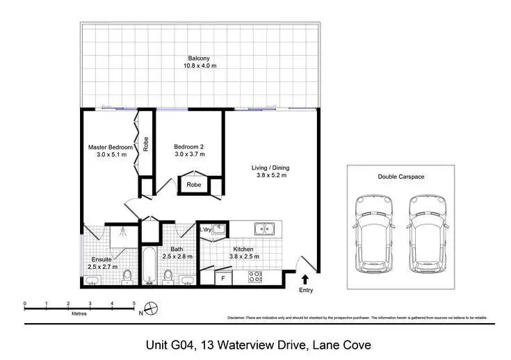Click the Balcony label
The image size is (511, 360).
tap(199, 58)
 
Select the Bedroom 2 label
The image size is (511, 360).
tap(188, 147)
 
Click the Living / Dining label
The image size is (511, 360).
tap(270, 167)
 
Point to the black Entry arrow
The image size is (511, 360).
tap(305, 279)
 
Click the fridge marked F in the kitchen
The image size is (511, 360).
tap(223, 278)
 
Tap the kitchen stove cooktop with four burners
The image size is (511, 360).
tap(254, 277)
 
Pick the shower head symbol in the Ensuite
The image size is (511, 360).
tap(123, 231)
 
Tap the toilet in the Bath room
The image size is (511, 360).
tap(168, 278)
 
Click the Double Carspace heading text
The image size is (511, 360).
tap(400, 177)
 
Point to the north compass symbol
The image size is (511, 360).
tap(153, 307)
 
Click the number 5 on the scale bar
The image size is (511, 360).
tap(133, 304)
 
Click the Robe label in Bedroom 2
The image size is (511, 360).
tap(194, 186)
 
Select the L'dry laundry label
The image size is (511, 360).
tap(205, 229)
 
